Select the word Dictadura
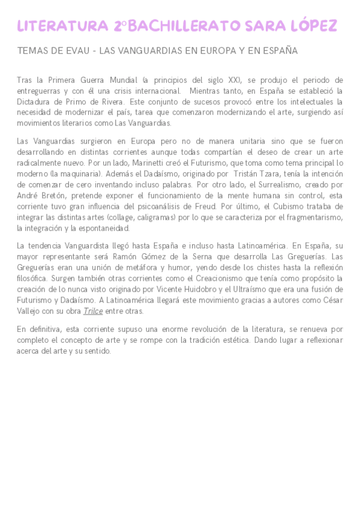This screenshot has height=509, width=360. tap(35, 101)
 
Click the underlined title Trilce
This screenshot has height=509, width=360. tap(93, 311)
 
